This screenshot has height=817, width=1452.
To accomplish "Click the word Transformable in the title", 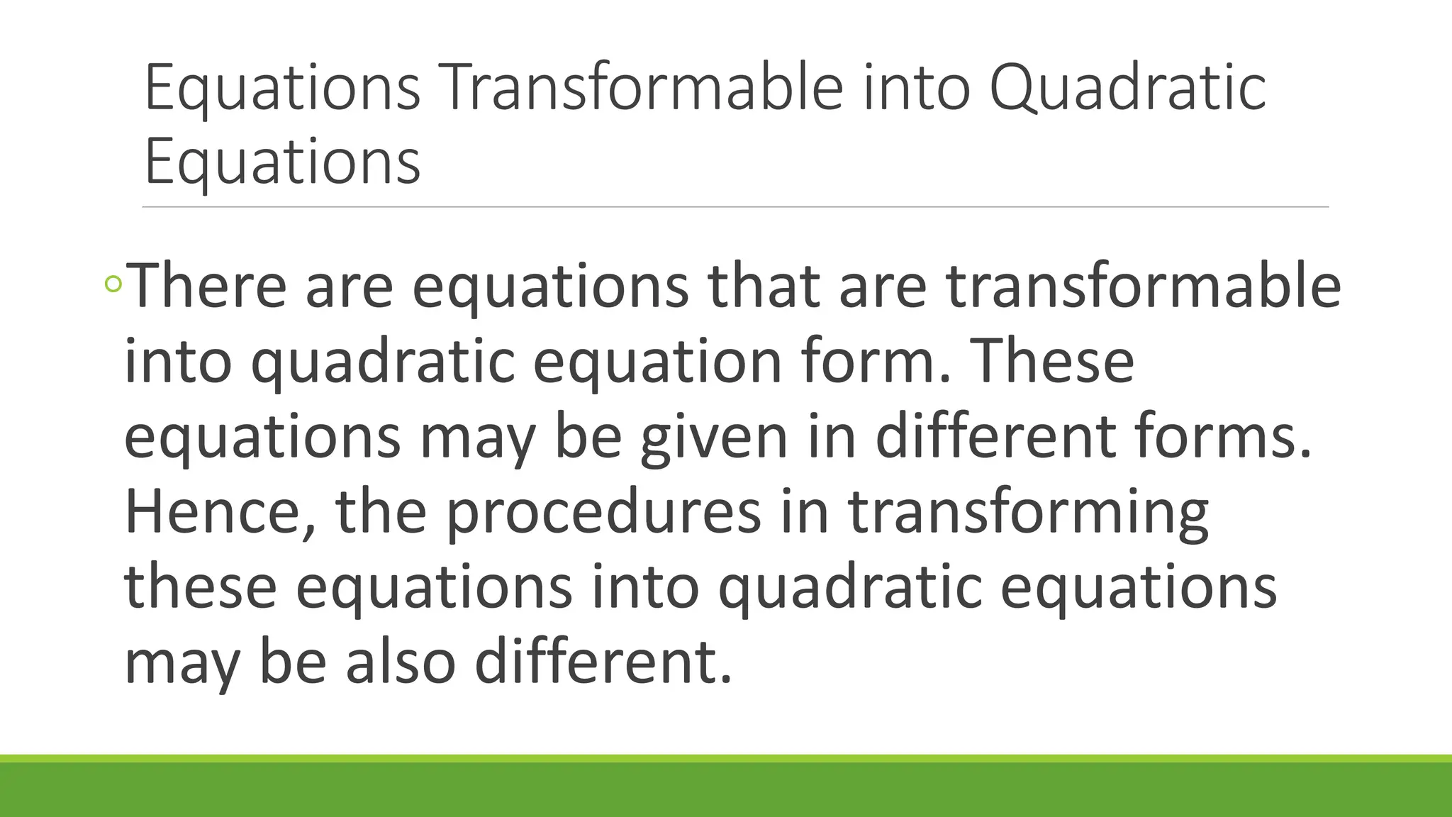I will click(644, 88).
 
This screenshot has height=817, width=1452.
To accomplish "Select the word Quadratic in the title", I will click(1127, 88).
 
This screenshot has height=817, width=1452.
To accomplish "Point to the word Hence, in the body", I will click(220, 512).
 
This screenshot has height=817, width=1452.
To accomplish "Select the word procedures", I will click(603, 512).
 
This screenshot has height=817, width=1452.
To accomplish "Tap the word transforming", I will click(1028, 512).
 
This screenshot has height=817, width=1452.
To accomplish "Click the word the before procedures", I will click(381, 512).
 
